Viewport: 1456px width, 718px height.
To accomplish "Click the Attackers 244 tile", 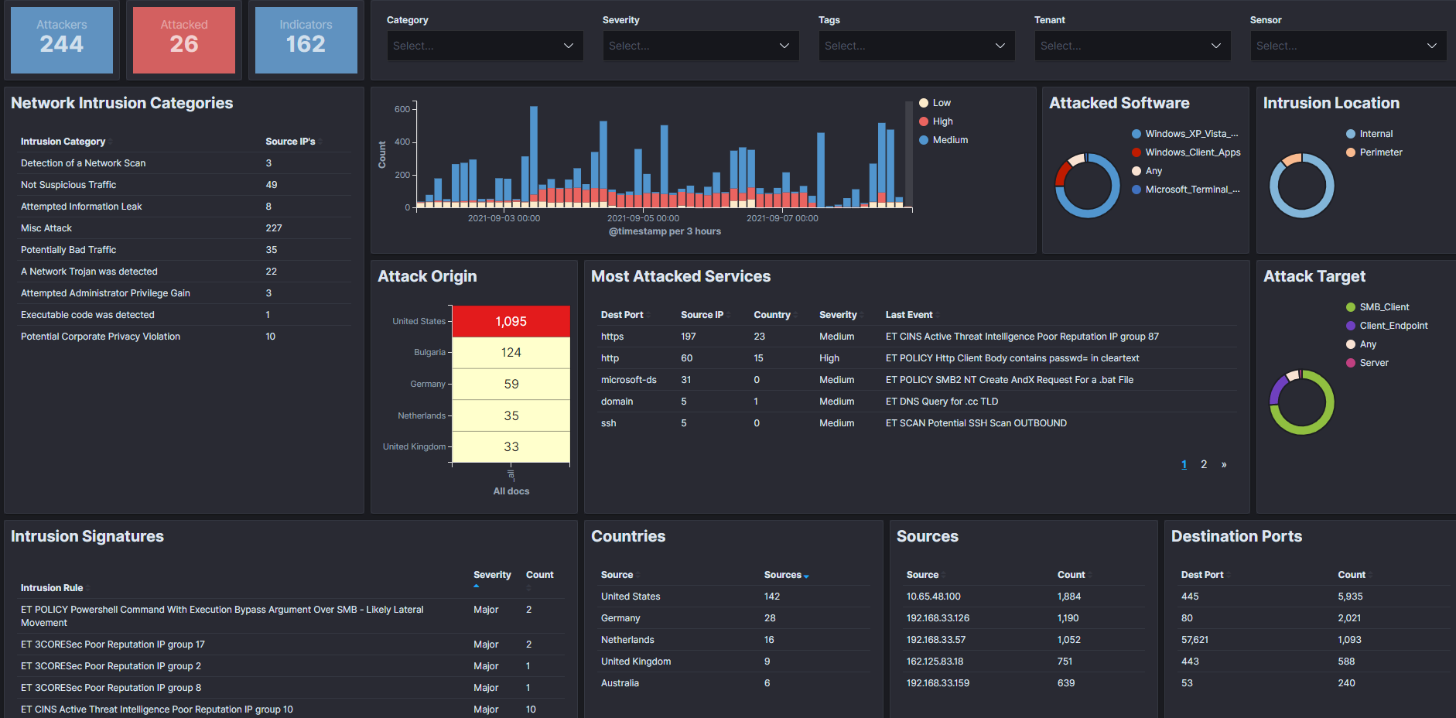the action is (x=62, y=40).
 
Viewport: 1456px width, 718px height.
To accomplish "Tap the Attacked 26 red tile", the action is (x=184, y=40).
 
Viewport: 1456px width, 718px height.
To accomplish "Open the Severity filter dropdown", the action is (x=701, y=46).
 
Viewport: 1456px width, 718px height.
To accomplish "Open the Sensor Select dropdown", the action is (x=1348, y=46).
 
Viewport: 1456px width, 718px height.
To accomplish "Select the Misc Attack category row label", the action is (x=46, y=228).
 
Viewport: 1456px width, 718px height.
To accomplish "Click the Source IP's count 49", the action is (x=272, y=185).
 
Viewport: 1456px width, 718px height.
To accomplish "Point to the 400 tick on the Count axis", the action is (x=402, y=142).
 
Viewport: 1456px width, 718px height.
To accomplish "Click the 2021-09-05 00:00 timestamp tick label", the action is (x=643, y=218).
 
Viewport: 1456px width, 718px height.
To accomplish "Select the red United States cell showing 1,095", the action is (x=511, y=322).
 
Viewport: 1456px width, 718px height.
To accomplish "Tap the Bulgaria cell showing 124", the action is (x=511, y=353).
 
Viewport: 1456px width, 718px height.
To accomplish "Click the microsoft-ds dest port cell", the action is (x=629, y=380).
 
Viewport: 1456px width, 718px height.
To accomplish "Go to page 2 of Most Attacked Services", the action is (x=1204, y=464).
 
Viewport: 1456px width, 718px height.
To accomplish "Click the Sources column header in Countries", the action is (x=783, y=575).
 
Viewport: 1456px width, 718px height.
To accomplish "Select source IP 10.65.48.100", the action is (x=934, y=597).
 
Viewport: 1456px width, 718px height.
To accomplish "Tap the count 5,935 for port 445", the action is (x=1351, y=597).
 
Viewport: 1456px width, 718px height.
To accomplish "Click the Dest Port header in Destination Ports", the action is (x=1202, y=575).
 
